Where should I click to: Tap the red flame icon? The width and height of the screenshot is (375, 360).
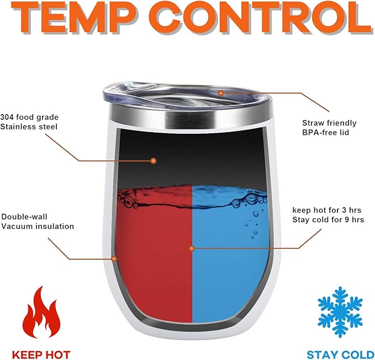tap(41, 312)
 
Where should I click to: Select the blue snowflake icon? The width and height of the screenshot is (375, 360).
tap(340, 312)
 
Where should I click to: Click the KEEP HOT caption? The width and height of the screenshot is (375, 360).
tap(41, 354)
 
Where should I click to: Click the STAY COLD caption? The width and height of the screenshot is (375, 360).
tap(341, 354)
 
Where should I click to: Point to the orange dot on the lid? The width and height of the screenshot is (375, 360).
tap(221, 93)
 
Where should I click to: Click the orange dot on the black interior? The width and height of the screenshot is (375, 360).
tap(154, 161)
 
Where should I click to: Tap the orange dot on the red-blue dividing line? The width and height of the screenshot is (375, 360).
tap(192, 248)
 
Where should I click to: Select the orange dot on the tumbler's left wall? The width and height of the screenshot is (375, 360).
tap(114, 259)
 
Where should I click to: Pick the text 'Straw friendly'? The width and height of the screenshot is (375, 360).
tap(329, 123)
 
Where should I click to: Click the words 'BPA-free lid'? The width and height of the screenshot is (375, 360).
tap(325, 132)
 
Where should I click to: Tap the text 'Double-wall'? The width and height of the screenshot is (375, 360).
tap(24, 217)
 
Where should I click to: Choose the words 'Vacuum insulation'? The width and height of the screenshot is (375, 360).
tap(38, 226)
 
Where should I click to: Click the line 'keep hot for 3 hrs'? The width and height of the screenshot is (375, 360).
tap(327, 210)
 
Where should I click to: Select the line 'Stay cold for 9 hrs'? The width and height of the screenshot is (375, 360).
tap(328, 220)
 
